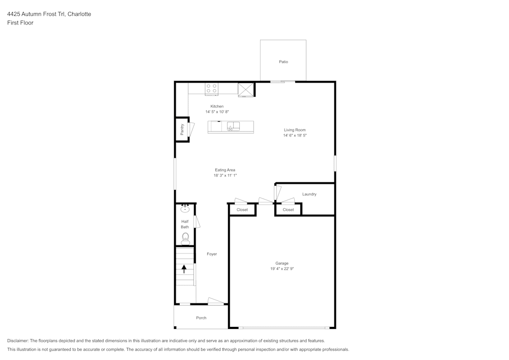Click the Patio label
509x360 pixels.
coord(284,62)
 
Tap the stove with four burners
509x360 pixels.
coord(211,89)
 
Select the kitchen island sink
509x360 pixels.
coord(233,126)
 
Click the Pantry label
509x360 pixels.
coord(182,129)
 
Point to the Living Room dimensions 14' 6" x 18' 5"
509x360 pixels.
coord(295,135)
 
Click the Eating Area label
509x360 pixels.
coord(225,170)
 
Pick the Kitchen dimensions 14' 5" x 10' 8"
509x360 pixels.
coord(217,112)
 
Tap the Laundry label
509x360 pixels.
coord(309,194)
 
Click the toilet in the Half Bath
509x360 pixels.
coord(185,239)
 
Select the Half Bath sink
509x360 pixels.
coord(185,209)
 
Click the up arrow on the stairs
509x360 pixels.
coord(184,269)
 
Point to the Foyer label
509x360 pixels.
coord(212,254)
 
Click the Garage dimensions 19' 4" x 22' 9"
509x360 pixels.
coord(282,269)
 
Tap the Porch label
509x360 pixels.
coord(201,318)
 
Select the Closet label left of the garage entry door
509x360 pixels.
coord(242,210)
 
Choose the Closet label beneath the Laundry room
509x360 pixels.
coord(288,210)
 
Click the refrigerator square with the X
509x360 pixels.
coord(246,90)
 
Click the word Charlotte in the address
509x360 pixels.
coord(79,14)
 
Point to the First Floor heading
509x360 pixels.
coord(20,23)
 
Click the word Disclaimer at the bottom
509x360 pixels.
coord(18,341)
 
